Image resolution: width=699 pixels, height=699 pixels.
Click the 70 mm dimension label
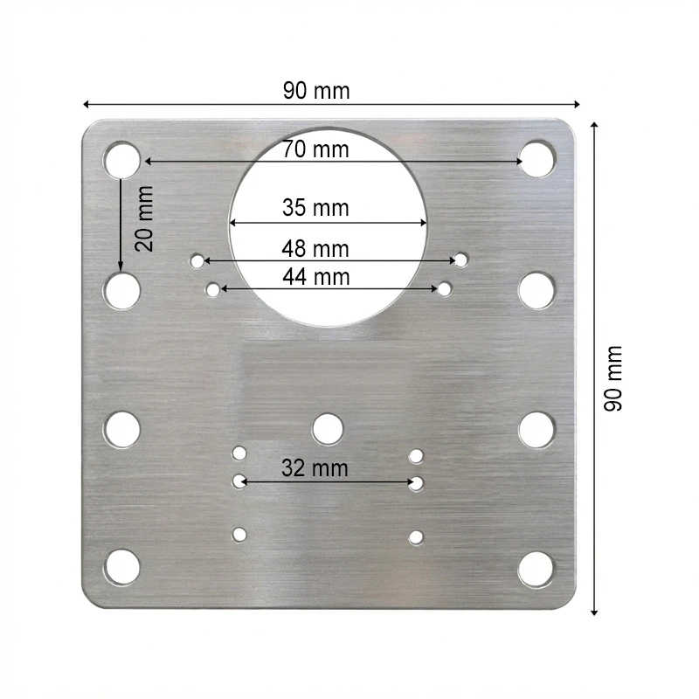315,149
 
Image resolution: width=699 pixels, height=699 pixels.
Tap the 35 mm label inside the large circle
315,208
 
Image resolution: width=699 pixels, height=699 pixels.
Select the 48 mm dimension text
315,249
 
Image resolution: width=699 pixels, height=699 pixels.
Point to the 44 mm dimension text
316,277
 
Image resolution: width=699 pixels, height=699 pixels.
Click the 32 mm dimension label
315,468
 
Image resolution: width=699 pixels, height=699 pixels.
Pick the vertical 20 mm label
144,218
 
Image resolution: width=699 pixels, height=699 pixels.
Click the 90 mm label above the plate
316,91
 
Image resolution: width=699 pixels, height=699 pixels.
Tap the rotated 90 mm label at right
613,378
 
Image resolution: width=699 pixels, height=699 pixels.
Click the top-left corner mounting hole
121,160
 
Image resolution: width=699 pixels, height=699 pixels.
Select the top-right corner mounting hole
537,159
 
